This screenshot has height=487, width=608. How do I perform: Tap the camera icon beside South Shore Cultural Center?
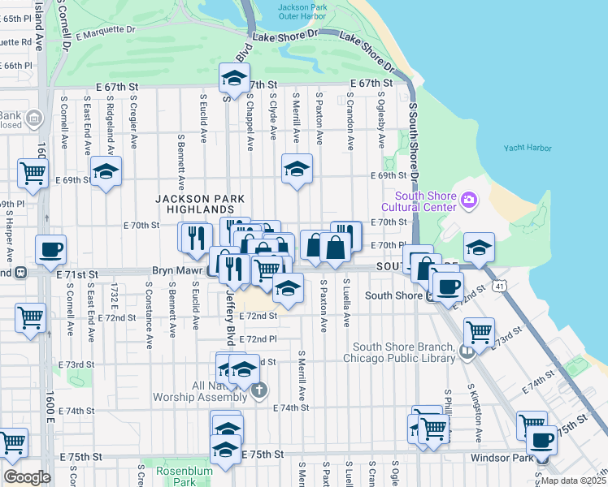coord(468,200)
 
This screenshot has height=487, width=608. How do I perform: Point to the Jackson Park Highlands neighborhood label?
coord(199,205)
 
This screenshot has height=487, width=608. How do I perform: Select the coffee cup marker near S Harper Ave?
coord(50,250)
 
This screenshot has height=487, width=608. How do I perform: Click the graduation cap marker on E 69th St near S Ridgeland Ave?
coord(106,172)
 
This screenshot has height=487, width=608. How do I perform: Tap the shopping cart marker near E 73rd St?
coord(479,330)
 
